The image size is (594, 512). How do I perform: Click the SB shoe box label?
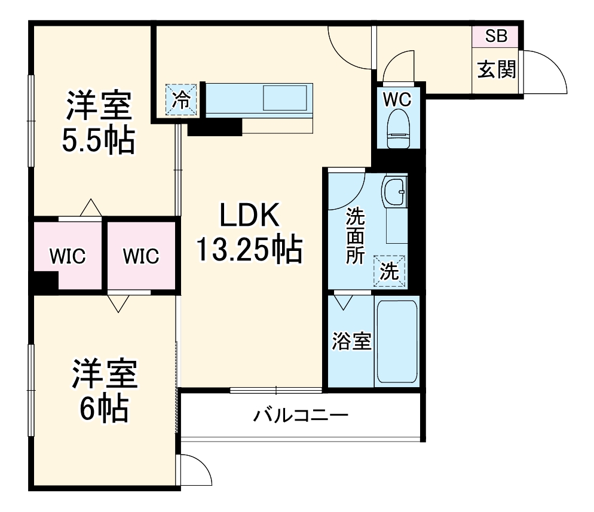coord(496,36)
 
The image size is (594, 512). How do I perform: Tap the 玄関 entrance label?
coord(496,70)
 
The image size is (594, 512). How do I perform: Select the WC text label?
coord(397,100)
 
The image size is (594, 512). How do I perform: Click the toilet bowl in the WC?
coord(398,130)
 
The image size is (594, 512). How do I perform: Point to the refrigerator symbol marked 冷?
coord(180,99)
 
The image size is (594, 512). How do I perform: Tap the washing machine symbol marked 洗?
coord(389,272)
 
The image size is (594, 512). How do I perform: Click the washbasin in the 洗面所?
coord(393,193)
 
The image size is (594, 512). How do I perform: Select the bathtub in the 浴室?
coord(397,342)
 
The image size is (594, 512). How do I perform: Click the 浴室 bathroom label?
coord(352,342)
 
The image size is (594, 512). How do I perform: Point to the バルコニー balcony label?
coord(300,415)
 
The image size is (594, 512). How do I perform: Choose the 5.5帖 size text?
coord(99,140)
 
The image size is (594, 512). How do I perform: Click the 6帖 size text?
coord(105,409)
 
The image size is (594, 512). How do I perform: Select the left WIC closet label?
coord(68,256)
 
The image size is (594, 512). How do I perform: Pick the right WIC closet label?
coord(142,256)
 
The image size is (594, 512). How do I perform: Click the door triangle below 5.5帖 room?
coord(90,207)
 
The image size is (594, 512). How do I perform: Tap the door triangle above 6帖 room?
coord(118,303)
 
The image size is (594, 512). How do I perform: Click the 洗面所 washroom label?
coord(356,236)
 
